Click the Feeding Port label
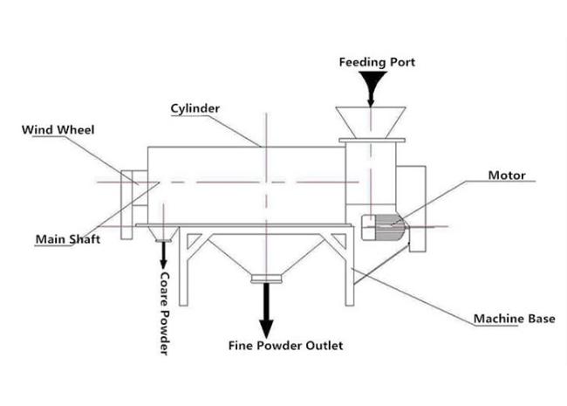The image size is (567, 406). pos(377,63)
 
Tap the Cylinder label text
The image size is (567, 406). pos(195,108)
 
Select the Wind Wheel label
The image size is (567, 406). pos(58,130)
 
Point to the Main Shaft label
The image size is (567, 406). pos(68,239)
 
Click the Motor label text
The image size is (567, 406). pos(507,175)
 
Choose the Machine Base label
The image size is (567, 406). pos(514,319)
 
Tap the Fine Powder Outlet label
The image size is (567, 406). pos(285,346)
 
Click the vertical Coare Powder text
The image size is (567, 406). pos(165,313)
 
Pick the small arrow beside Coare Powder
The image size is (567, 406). pos(163,256)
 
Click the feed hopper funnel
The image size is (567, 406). pos(371,122)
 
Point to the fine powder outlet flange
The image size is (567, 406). pos(267,279)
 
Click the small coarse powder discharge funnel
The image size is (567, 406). pos(163,234)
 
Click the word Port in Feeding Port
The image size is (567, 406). pos(402,63)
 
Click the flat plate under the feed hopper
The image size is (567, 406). pos(372,140)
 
